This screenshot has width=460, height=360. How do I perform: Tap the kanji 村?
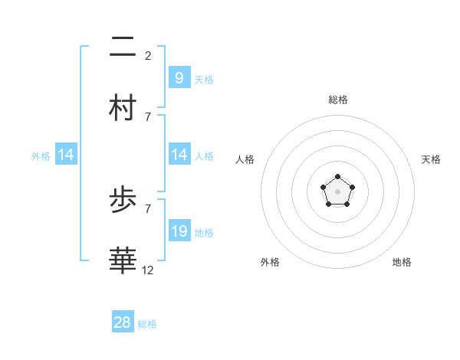click(x=123, y=107)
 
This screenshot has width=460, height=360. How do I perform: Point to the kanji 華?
click(x=123, y=260)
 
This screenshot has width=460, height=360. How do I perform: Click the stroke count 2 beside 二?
click(x=148, y=56)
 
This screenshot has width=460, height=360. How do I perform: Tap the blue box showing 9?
click(x=179, y=77)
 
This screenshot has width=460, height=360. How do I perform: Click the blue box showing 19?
click(x=179, y=231)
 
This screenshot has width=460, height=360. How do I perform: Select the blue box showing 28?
click(x=122, y=322)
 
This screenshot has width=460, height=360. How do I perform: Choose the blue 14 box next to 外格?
click(x=65, y=155)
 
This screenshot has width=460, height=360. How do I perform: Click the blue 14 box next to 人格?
click(x=179, y=155)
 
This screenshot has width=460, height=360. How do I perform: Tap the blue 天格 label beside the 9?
click(x=204, y=80)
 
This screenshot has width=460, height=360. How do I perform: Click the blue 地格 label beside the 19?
click(x=204, y=233)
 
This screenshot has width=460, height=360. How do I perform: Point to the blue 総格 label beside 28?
click(x=147, y=325)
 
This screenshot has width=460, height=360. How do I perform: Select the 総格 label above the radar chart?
click(x=337, y=100)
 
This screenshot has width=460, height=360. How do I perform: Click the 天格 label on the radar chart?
click(x=431, y=159)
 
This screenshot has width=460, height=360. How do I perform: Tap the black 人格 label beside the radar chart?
click(x=245, y=159)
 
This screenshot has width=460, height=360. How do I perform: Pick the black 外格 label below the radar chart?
click(x=270, y=262)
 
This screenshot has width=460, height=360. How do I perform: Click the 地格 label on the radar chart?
click(x=402, y=262)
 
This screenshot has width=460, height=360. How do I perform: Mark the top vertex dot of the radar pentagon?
click(x=337, y=177)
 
